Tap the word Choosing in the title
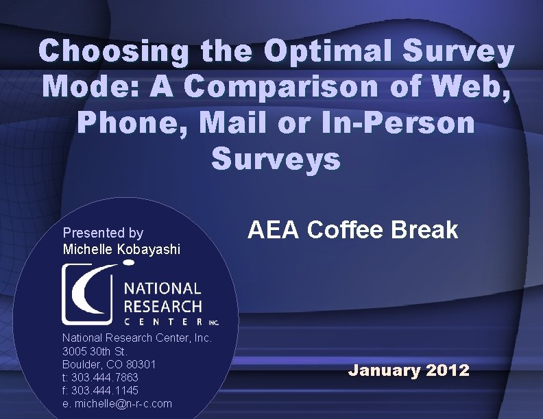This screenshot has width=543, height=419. tap(114, 52)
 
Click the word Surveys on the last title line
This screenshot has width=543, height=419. tap(276, 159)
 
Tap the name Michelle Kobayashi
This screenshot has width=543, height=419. tap(121, 250)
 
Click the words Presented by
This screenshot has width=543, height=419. tap(103, 233)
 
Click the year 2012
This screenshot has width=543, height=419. tap(448, 370)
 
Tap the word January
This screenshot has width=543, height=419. tap(383, 370)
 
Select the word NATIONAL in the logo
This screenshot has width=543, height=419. tap(162, 289)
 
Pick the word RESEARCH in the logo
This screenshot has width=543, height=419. tap(162, 307)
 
